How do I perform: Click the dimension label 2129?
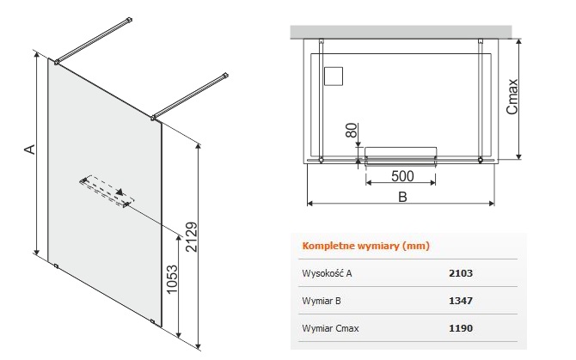pos(192,236)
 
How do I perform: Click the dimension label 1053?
pos(172,279)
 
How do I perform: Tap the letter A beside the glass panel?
pos(30,149)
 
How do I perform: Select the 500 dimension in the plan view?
pos(402,176)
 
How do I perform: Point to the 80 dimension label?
pos(352,131)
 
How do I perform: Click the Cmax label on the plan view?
pos(512,96)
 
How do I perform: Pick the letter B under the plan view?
pos(402,197)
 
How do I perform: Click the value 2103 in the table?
pos(461,273)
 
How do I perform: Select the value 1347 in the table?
pos(461,301)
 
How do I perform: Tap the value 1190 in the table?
pos(461,328)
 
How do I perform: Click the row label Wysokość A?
pos(327,273)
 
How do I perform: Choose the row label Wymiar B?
pos(322,301)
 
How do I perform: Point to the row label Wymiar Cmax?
pos(330,328)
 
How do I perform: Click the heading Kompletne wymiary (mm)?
pos(365,246)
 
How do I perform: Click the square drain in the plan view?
pos(334,76)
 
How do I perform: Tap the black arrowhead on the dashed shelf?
pos(119,192)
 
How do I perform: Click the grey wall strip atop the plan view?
pos(401,32)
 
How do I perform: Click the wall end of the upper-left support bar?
pos(129,20)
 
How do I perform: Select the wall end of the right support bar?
pos(225,76)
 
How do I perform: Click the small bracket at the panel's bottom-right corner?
pos(153,322)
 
